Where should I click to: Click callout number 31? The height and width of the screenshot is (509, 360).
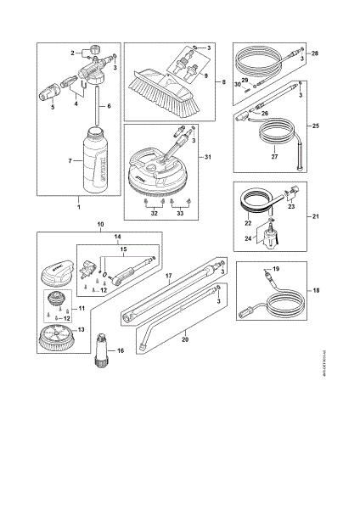[205, 157]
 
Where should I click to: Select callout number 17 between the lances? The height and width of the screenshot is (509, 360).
[169, 276]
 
